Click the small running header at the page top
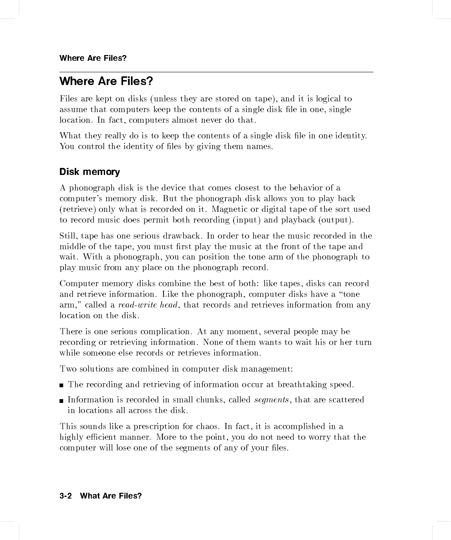pos(93,58)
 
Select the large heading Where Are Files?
pos(106,81)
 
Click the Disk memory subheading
pos(89,172)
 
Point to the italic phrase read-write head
pos(148,305)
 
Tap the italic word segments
pos(271,400)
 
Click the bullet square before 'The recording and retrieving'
pos(62,385)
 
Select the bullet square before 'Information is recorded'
pos(62,400)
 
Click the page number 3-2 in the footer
pos(66,496)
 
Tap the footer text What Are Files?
pos(111,496)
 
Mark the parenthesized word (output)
pos(336,220)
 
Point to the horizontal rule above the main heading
pos(216,72)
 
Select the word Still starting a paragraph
pos(68,236)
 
